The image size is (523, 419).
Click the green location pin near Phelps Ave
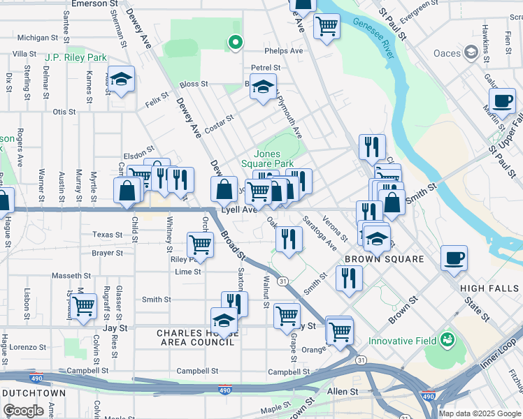point(236,43)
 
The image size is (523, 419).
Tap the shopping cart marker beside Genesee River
point(327,27)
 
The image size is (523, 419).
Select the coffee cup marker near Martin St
point(502,101)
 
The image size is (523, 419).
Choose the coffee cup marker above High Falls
point(454,257)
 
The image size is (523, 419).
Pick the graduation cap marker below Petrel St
point(263,88)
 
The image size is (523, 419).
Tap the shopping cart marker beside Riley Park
point(200,244)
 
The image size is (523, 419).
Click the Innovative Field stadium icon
point(447,341)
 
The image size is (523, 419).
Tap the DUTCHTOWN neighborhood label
point(34,393)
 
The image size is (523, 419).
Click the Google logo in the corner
point(23,411)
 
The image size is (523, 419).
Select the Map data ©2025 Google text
point(480,413)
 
